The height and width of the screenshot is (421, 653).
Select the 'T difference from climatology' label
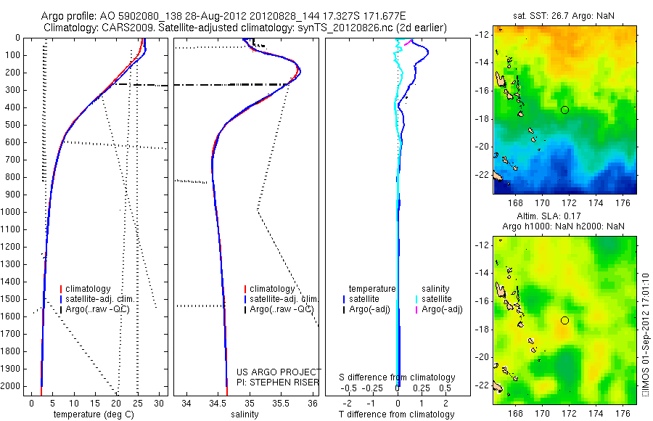click(396, 414)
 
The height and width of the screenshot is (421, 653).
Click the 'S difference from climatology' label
click(397, 377)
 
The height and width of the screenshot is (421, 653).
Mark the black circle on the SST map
click(564, 110)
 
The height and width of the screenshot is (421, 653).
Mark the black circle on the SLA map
click(564, 320)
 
